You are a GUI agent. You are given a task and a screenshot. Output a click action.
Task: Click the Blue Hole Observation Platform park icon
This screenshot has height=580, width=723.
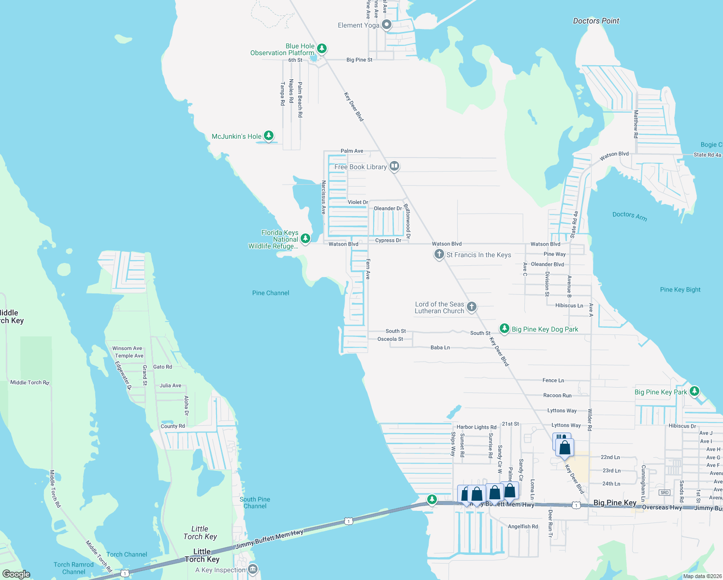321,48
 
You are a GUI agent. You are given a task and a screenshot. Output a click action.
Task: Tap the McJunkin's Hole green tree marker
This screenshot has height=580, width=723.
269,136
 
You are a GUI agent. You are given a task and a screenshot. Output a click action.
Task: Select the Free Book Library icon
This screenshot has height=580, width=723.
394,166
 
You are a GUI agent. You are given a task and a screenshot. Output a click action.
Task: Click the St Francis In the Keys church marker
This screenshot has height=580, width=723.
439,254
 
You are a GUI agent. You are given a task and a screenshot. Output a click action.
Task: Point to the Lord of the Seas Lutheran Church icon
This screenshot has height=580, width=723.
472,306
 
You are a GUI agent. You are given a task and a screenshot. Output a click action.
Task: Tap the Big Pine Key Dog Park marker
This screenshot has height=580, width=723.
505,329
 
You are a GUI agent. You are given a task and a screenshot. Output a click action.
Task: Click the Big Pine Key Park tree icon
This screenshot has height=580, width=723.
694,391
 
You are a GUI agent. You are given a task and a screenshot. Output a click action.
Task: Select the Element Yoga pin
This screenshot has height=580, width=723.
387,24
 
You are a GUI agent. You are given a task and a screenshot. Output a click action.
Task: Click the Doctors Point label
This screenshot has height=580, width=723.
596,21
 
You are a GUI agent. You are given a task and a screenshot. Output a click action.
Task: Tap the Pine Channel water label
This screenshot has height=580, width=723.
271,293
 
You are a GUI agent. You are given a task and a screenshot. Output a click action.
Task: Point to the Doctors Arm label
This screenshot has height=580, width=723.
629,216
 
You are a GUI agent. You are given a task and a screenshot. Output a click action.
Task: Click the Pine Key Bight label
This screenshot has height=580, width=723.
680,290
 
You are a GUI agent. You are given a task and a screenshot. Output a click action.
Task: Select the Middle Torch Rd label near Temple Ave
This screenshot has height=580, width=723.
30,382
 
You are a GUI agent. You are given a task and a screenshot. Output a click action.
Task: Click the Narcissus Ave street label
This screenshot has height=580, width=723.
324,197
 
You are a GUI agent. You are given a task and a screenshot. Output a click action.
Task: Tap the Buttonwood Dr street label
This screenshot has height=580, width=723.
407,221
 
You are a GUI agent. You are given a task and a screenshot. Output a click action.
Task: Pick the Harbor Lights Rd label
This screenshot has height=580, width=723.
476,427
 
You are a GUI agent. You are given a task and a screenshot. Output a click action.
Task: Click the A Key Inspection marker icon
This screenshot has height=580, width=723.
253,569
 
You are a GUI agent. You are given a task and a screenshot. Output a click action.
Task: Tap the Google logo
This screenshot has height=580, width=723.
16,574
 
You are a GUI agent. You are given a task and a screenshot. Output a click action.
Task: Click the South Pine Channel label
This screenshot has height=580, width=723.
255,503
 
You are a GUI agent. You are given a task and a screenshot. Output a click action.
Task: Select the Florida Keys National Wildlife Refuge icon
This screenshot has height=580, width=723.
305,238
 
